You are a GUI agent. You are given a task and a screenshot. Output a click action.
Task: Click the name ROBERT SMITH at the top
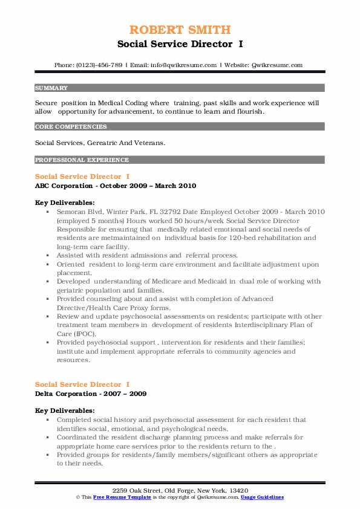point(180,30)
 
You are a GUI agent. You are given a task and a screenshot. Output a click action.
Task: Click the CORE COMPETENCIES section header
point(71,127)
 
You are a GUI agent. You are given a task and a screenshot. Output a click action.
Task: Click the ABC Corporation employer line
point(116,186)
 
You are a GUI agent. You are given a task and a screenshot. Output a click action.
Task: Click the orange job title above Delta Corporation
point(82,384)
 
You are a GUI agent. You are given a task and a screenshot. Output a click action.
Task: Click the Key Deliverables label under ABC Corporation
point(65,203)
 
